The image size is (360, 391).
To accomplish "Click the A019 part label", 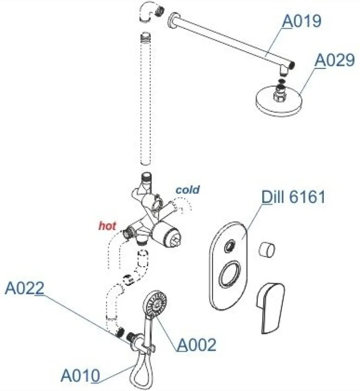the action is pyautogui.click(x=302, y=21).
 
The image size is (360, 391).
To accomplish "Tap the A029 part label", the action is pyautogui.click(x=335, y=60).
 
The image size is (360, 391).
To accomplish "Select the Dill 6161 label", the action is pyautogui.click(x=293, y=197).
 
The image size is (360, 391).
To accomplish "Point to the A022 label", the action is pyautogui.click(x=25, y=288).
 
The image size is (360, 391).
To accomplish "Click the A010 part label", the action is pyautogui.click(x=80, y=375).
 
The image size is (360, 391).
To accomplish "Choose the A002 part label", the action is pyautogui.click(x=197, y=345).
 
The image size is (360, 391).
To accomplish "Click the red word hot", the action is pyautogui.click(x=108, y=226).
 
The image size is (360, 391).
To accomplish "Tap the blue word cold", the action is pyautogui.click(x=188, y=190).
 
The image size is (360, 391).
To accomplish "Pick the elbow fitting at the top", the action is pyautogui.click(x=151, y=14).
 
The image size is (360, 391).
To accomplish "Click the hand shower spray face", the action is pyautogui.click(x=156, y=304).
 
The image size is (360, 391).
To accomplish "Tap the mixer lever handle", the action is pyautogui.click(x=270, y=308).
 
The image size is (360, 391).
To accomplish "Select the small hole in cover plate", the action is pyautogui.click(x=230, y=246).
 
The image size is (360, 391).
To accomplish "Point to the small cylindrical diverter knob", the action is pyautogui.click(x=267, y=250).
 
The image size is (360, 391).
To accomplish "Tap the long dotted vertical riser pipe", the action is pyautogui.click(x=145, y=98).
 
